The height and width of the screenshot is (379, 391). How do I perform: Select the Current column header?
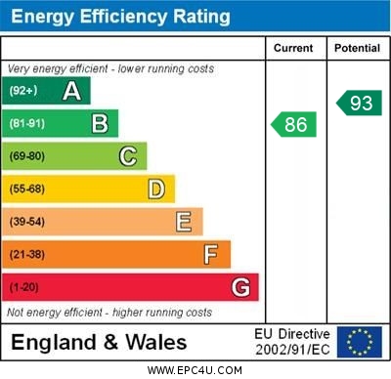(293, 48)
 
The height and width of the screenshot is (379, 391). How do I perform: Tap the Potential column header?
(357, 48)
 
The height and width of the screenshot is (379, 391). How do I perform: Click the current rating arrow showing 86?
(293, 124)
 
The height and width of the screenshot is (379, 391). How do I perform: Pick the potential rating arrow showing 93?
(358, 103)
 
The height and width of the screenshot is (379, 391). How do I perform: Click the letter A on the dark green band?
(71, 92)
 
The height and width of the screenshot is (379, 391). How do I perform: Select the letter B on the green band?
(100, 124)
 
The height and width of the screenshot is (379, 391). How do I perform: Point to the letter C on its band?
(127, 156)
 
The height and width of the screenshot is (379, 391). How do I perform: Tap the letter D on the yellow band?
(155, 189)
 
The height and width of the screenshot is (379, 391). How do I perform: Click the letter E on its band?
(183, 222)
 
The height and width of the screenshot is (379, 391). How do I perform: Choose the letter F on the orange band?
(210, 254)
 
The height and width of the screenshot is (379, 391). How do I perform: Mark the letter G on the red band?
(239, 287)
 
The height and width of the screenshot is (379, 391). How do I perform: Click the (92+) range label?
(23, 92)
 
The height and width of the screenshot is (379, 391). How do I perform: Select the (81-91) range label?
(27, 124)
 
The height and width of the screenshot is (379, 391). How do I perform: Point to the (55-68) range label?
(27, 189)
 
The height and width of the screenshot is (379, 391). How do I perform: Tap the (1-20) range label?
(24, 287)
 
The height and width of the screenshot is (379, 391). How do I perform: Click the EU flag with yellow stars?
(359, 342)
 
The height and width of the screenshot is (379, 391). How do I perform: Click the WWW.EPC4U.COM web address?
(195, 371)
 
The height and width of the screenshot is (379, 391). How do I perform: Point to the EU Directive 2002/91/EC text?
(292, 342)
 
